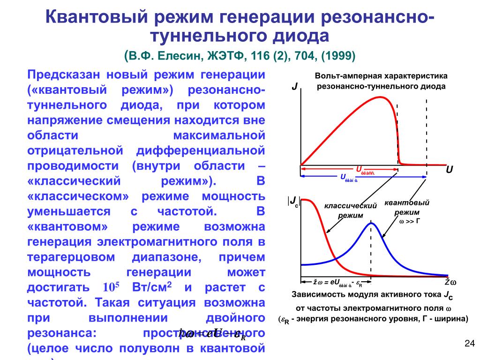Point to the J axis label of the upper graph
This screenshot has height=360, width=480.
coord(294,87)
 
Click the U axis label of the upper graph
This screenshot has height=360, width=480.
coord(449,170)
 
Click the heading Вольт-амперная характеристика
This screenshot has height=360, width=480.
coord(381,76)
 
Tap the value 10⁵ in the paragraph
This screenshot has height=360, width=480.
coord(111,287)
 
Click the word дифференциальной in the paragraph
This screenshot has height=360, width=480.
coord(201,151)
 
